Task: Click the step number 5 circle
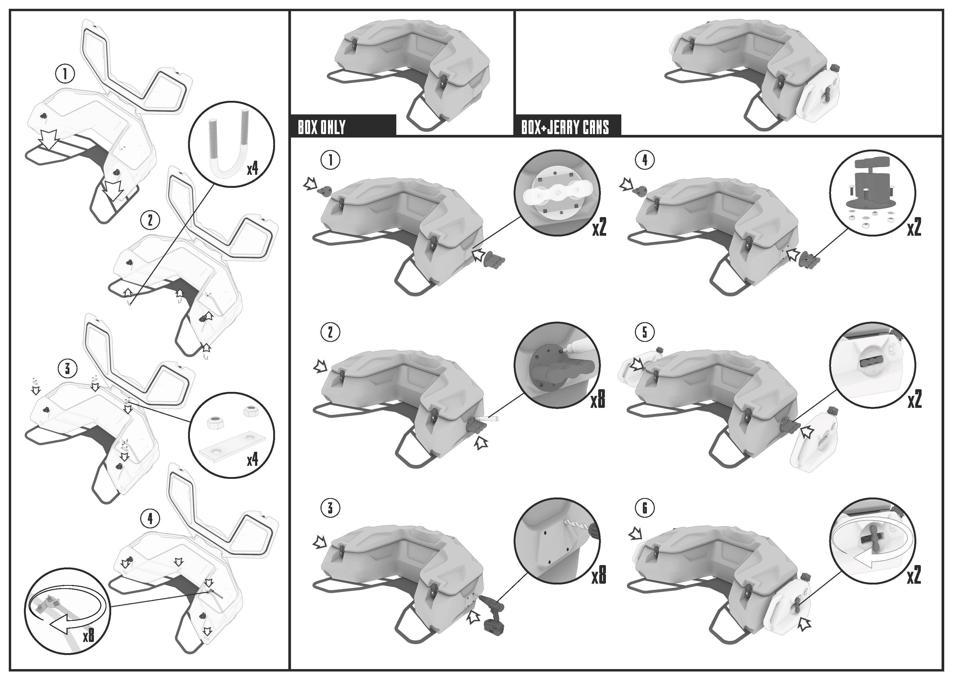(644, 332)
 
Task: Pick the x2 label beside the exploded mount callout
(914, 229)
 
